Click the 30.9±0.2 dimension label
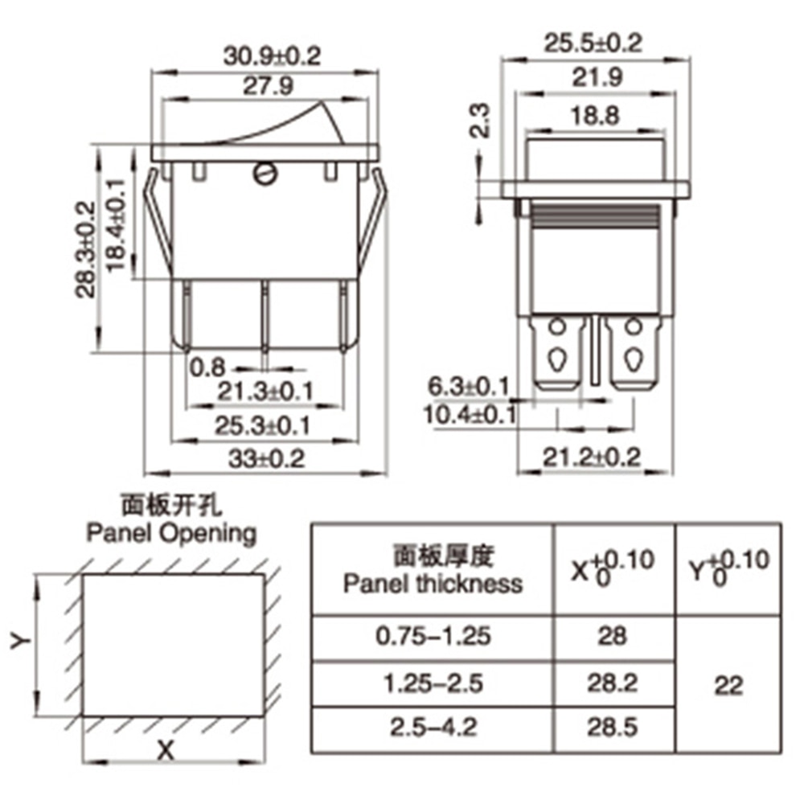(x=273, y=55)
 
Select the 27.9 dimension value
(x=268, y=86)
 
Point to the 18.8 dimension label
(x=595, y=116)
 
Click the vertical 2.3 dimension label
(x=480, y=120)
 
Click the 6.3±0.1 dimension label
(x=468, y=387)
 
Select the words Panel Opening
(x=171, y=533)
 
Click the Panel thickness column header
(x=432, y=570)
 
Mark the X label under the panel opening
(x=166, y=751)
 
